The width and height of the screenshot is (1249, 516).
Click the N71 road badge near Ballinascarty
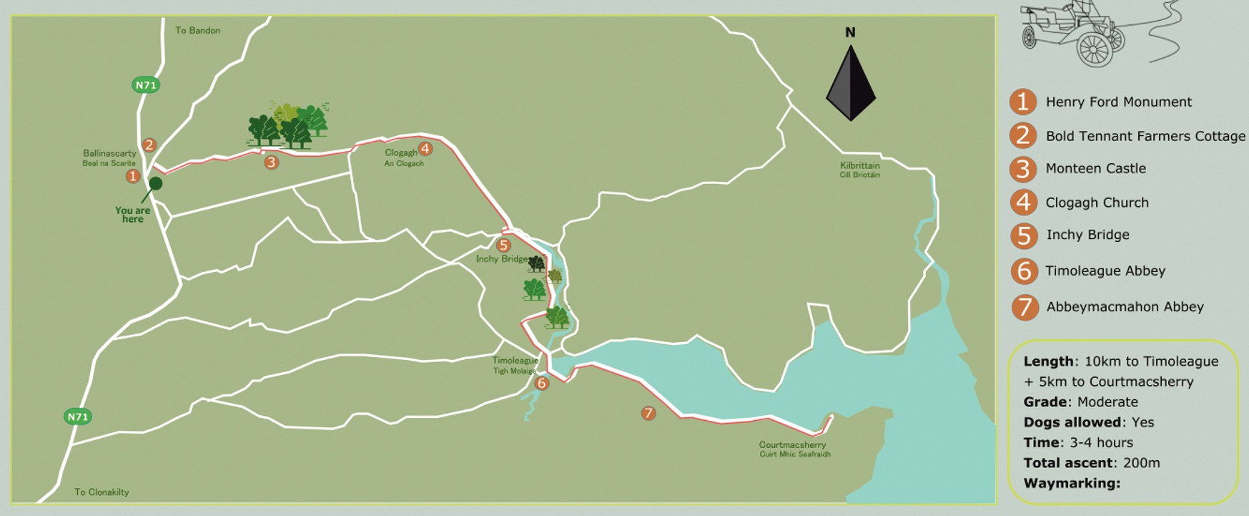pyautogui.click(x=146, y=85)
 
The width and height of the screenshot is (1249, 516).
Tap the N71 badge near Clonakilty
pyautogui.click(x=77, y=417)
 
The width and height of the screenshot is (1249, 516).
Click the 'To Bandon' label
pyautogui.click(x=197, y=31)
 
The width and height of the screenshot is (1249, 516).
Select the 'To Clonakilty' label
pyautogui.click(x=102, y=492)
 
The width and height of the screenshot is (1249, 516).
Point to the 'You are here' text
pyautogui.click(x=132, y=215)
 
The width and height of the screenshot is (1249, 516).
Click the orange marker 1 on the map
pyautogui.click(x=132, y=175)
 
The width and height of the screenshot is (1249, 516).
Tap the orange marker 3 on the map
pyautogui.click(x=271, y=162)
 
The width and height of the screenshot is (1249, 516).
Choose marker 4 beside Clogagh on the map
pyautogui.click(x=425, y=149)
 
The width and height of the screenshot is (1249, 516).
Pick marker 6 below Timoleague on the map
pyautogui.click(x=541, y=384)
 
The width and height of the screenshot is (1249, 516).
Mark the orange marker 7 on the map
pyautogui.click(x=648, y=413)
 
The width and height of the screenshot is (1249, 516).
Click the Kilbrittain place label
pyautogui.click(x=859, y=170)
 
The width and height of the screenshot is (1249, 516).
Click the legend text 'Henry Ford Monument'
pyautogui.click(x=1118, y=102)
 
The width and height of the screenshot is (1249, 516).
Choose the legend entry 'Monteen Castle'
pyautogui.click(x=1095, y=169)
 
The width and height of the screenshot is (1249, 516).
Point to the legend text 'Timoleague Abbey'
pyautogui.click(x=1105, y=271)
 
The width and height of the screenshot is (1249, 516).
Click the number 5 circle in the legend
pyautogui.click(x=1024, y=235)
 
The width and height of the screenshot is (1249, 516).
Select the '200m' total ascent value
pyautogui.click(x=1141, y=463)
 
